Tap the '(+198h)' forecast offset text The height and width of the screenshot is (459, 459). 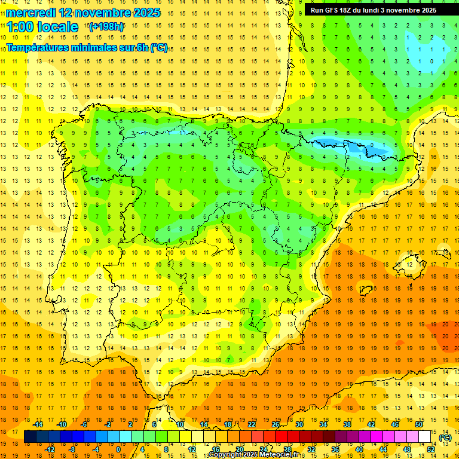coord(106,26)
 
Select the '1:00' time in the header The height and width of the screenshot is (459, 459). coord(20,27)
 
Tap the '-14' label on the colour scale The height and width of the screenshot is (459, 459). coord(39,424)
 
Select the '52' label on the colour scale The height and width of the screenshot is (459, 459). coord(431,449)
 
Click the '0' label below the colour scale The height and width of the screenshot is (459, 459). coord(118,449)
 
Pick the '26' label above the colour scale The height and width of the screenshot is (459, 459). coord(276,424)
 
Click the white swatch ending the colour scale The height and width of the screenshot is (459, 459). coord(425,437)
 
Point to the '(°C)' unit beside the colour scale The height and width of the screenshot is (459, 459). coord(445,437)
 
